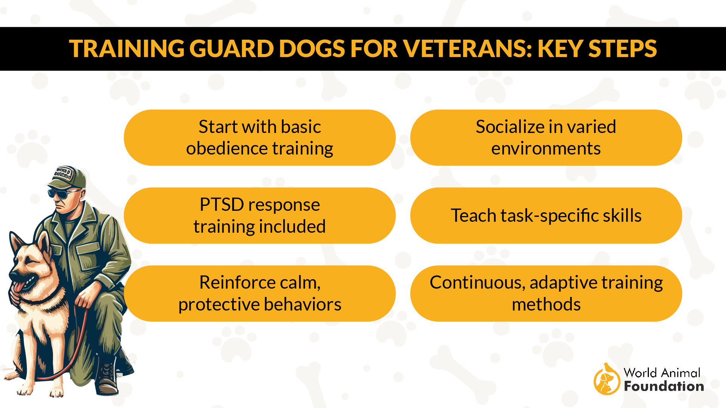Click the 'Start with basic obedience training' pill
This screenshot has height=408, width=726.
point(259,138)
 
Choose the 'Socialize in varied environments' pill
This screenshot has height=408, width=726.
point(546,138)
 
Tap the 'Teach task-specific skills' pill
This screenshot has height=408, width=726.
point(546,215)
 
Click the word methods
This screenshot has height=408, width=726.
point(546,304)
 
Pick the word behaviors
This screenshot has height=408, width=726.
point(302,304)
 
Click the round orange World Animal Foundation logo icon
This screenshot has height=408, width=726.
point(607,380)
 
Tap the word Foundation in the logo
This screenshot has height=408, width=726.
point(664,386)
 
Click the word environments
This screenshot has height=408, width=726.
point(546,148)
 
